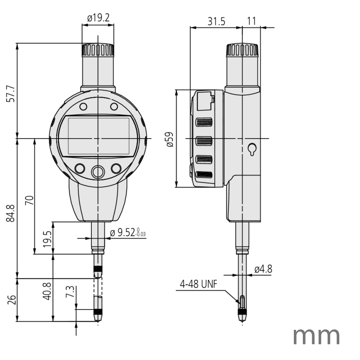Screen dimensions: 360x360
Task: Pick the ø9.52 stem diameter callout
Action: point(128,233)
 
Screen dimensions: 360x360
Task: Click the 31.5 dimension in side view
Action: point(216,21)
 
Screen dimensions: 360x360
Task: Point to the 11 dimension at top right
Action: point(252,21)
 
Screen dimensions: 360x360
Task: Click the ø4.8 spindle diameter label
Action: point(263,269)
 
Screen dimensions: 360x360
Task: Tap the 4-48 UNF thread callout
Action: point(198,284)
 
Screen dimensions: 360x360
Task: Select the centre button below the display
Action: point(98,171)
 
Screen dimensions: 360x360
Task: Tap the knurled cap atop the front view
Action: point(98,49)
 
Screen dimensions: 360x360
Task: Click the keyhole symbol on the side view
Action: point(252,149)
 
